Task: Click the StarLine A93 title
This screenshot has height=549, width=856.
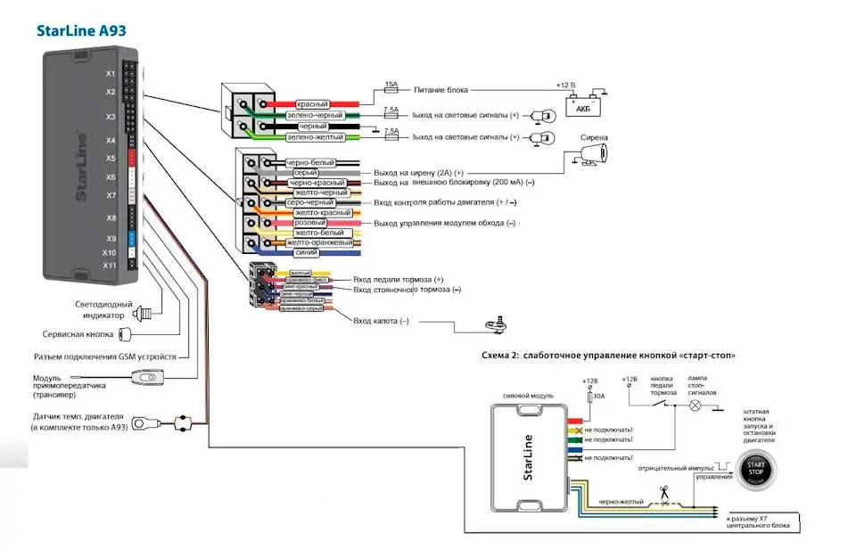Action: (x=81, y=29)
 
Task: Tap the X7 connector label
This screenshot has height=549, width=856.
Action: (x=111, y=195)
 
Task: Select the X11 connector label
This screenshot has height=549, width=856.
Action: (x=109, y=265)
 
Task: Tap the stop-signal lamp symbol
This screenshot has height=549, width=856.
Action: (x=697, y=404)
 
